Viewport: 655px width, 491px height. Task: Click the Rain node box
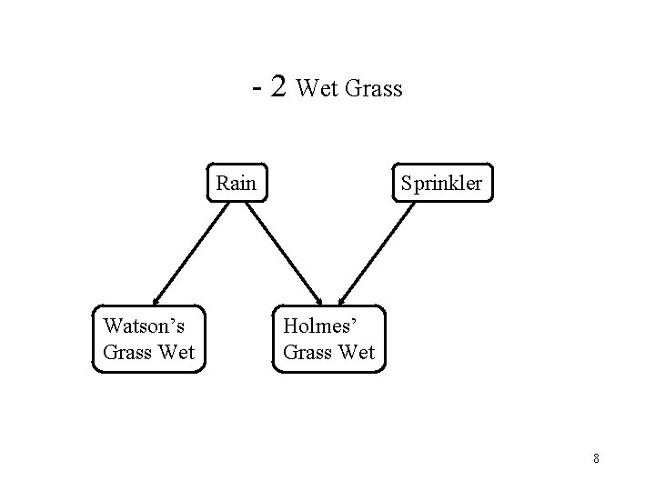pos(237,184)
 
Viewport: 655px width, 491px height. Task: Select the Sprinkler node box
pos(441,184)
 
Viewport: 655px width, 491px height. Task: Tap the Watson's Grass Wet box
pos(149,338)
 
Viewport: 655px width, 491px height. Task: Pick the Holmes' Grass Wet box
pos(329,338)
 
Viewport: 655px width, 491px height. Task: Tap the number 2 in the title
pos(279,86)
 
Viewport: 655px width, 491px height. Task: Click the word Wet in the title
pos(317,89)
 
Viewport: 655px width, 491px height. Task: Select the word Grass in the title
pos(372,89)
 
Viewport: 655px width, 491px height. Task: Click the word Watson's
pos(143,325)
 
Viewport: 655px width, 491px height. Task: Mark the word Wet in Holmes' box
pos(357,352)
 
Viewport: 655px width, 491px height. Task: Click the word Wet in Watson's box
pos(176,352)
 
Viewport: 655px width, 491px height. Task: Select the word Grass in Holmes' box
pos(307,352)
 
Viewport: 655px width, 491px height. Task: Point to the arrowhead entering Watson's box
pos(156,299)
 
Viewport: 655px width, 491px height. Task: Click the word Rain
pos(237,184)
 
